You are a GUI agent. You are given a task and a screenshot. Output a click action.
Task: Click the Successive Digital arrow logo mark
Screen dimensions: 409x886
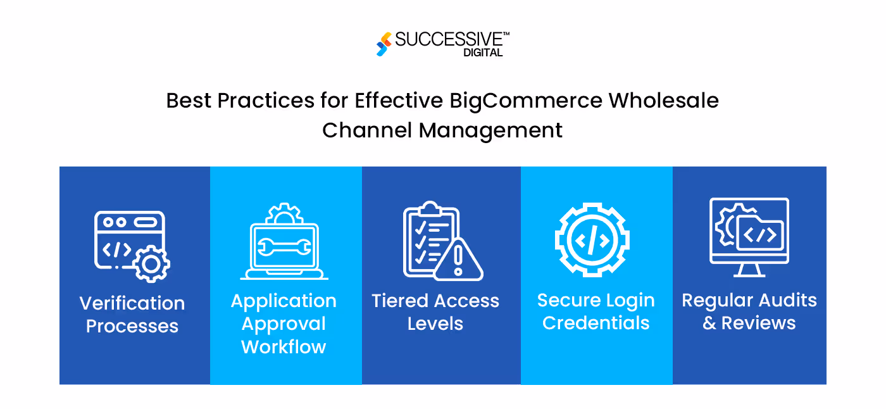384,44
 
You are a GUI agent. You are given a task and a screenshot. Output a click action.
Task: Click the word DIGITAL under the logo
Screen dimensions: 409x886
483,53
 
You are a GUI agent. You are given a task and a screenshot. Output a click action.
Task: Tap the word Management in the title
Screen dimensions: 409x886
490,130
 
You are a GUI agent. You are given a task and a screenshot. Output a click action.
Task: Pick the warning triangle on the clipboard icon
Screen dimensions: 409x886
459,260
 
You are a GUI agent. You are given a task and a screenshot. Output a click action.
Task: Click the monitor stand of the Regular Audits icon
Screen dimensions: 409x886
749,270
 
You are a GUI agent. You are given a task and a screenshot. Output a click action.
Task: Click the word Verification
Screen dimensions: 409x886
132,303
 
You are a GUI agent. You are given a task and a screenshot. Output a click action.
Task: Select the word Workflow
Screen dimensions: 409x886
284,346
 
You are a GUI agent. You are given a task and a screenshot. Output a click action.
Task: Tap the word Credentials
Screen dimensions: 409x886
596,323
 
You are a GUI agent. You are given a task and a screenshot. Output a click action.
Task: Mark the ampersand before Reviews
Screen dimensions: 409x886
709,323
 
